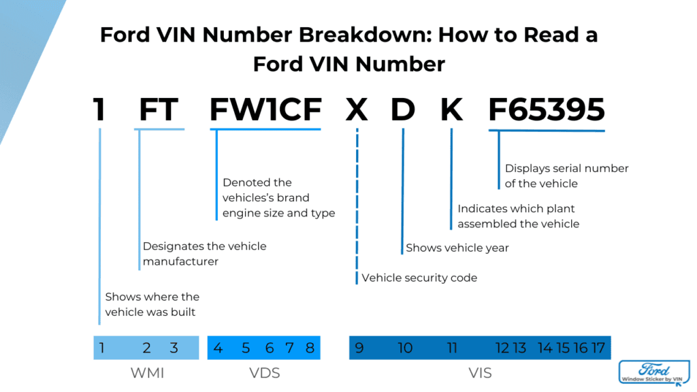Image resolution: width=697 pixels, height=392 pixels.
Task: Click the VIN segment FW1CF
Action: coord(265,110)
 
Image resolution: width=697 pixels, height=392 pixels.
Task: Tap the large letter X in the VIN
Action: coord(356,110)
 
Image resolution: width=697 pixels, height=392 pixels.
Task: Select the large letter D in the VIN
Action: coord(402,110)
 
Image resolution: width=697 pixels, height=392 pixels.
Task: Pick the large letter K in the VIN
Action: coord(451,110)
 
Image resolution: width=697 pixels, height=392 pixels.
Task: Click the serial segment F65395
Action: coord(547,110)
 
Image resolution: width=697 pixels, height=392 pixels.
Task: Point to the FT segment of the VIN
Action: coord(158,110)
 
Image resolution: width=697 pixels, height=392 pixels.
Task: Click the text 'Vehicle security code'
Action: coord(419,278)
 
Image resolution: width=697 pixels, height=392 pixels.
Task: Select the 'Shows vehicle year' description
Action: coord(457,248)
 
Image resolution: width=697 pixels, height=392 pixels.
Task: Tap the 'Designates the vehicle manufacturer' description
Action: coord(204,253)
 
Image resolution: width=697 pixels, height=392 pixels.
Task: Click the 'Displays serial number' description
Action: coord(566,176)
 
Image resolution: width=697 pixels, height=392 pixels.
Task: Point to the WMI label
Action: coord(147,373)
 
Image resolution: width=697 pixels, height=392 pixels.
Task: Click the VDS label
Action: coord(264,373)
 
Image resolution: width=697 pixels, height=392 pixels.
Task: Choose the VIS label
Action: coord(480,373)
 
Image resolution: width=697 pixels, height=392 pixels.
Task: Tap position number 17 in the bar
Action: coord(598,348)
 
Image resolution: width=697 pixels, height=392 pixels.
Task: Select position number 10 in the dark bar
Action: coord(405,348)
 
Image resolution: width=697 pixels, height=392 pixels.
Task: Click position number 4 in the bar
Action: coord(218,348)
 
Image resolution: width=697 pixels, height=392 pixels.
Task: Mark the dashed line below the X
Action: coord(357,204)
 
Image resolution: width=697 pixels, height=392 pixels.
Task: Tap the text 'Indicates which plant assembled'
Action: coord(518,216)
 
